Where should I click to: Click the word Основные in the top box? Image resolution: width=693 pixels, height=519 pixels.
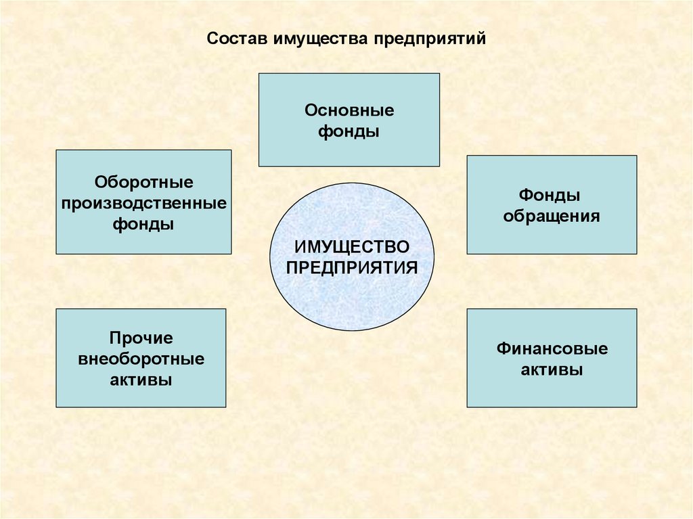click(x=349, y=110)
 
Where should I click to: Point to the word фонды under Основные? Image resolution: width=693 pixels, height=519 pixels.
click(x=349, y=131)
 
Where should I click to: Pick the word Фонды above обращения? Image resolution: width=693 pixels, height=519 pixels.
click(x=550, y=196)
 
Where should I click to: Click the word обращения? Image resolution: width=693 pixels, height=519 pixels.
click(x=551, y=217)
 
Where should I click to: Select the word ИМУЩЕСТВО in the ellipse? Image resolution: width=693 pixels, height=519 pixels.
click(x=351, y=244)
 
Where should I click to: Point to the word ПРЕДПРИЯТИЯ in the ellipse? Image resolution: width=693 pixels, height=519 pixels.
click(x=351, y=265)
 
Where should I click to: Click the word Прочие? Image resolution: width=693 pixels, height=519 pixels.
click(x=141, y=338)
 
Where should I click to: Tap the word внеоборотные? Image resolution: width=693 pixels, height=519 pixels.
click(x=141, y=359)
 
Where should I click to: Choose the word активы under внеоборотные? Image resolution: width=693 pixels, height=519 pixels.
click(x=141, y=380)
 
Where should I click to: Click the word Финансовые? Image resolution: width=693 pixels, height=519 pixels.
click(x=552, y=349)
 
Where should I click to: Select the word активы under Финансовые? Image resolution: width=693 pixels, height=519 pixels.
click(x=552, y=370)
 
